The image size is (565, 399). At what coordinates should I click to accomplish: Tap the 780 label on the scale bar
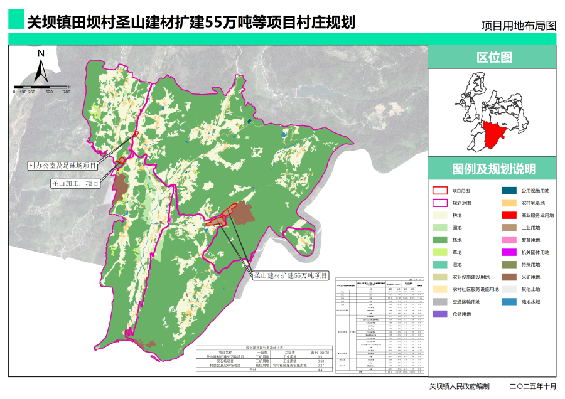[x=67, y=92]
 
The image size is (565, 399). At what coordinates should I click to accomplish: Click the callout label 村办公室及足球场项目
[x=63, y=166]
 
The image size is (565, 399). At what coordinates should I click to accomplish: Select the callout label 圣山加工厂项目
[x=76, y=183]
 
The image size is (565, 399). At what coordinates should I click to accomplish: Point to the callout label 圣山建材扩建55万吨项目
[x=291, y=275]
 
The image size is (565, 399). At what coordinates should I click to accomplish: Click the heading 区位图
[x=493, y=58]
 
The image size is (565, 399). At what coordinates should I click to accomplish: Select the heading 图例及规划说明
[x=493, y=169]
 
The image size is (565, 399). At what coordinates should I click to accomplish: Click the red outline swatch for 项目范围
[x=439, y=190]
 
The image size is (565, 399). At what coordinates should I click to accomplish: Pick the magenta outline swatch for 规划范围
[x=439, y=203]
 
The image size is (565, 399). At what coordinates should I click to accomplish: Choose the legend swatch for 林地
[x=439, y=240]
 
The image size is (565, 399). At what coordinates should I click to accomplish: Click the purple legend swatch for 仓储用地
[x=439, y=314]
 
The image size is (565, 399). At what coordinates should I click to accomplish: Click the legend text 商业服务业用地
[x=537, y=215]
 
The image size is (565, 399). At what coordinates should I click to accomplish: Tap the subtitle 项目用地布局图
[x=518, y=26]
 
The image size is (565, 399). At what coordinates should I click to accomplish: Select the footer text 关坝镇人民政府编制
[x=459, y=386]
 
